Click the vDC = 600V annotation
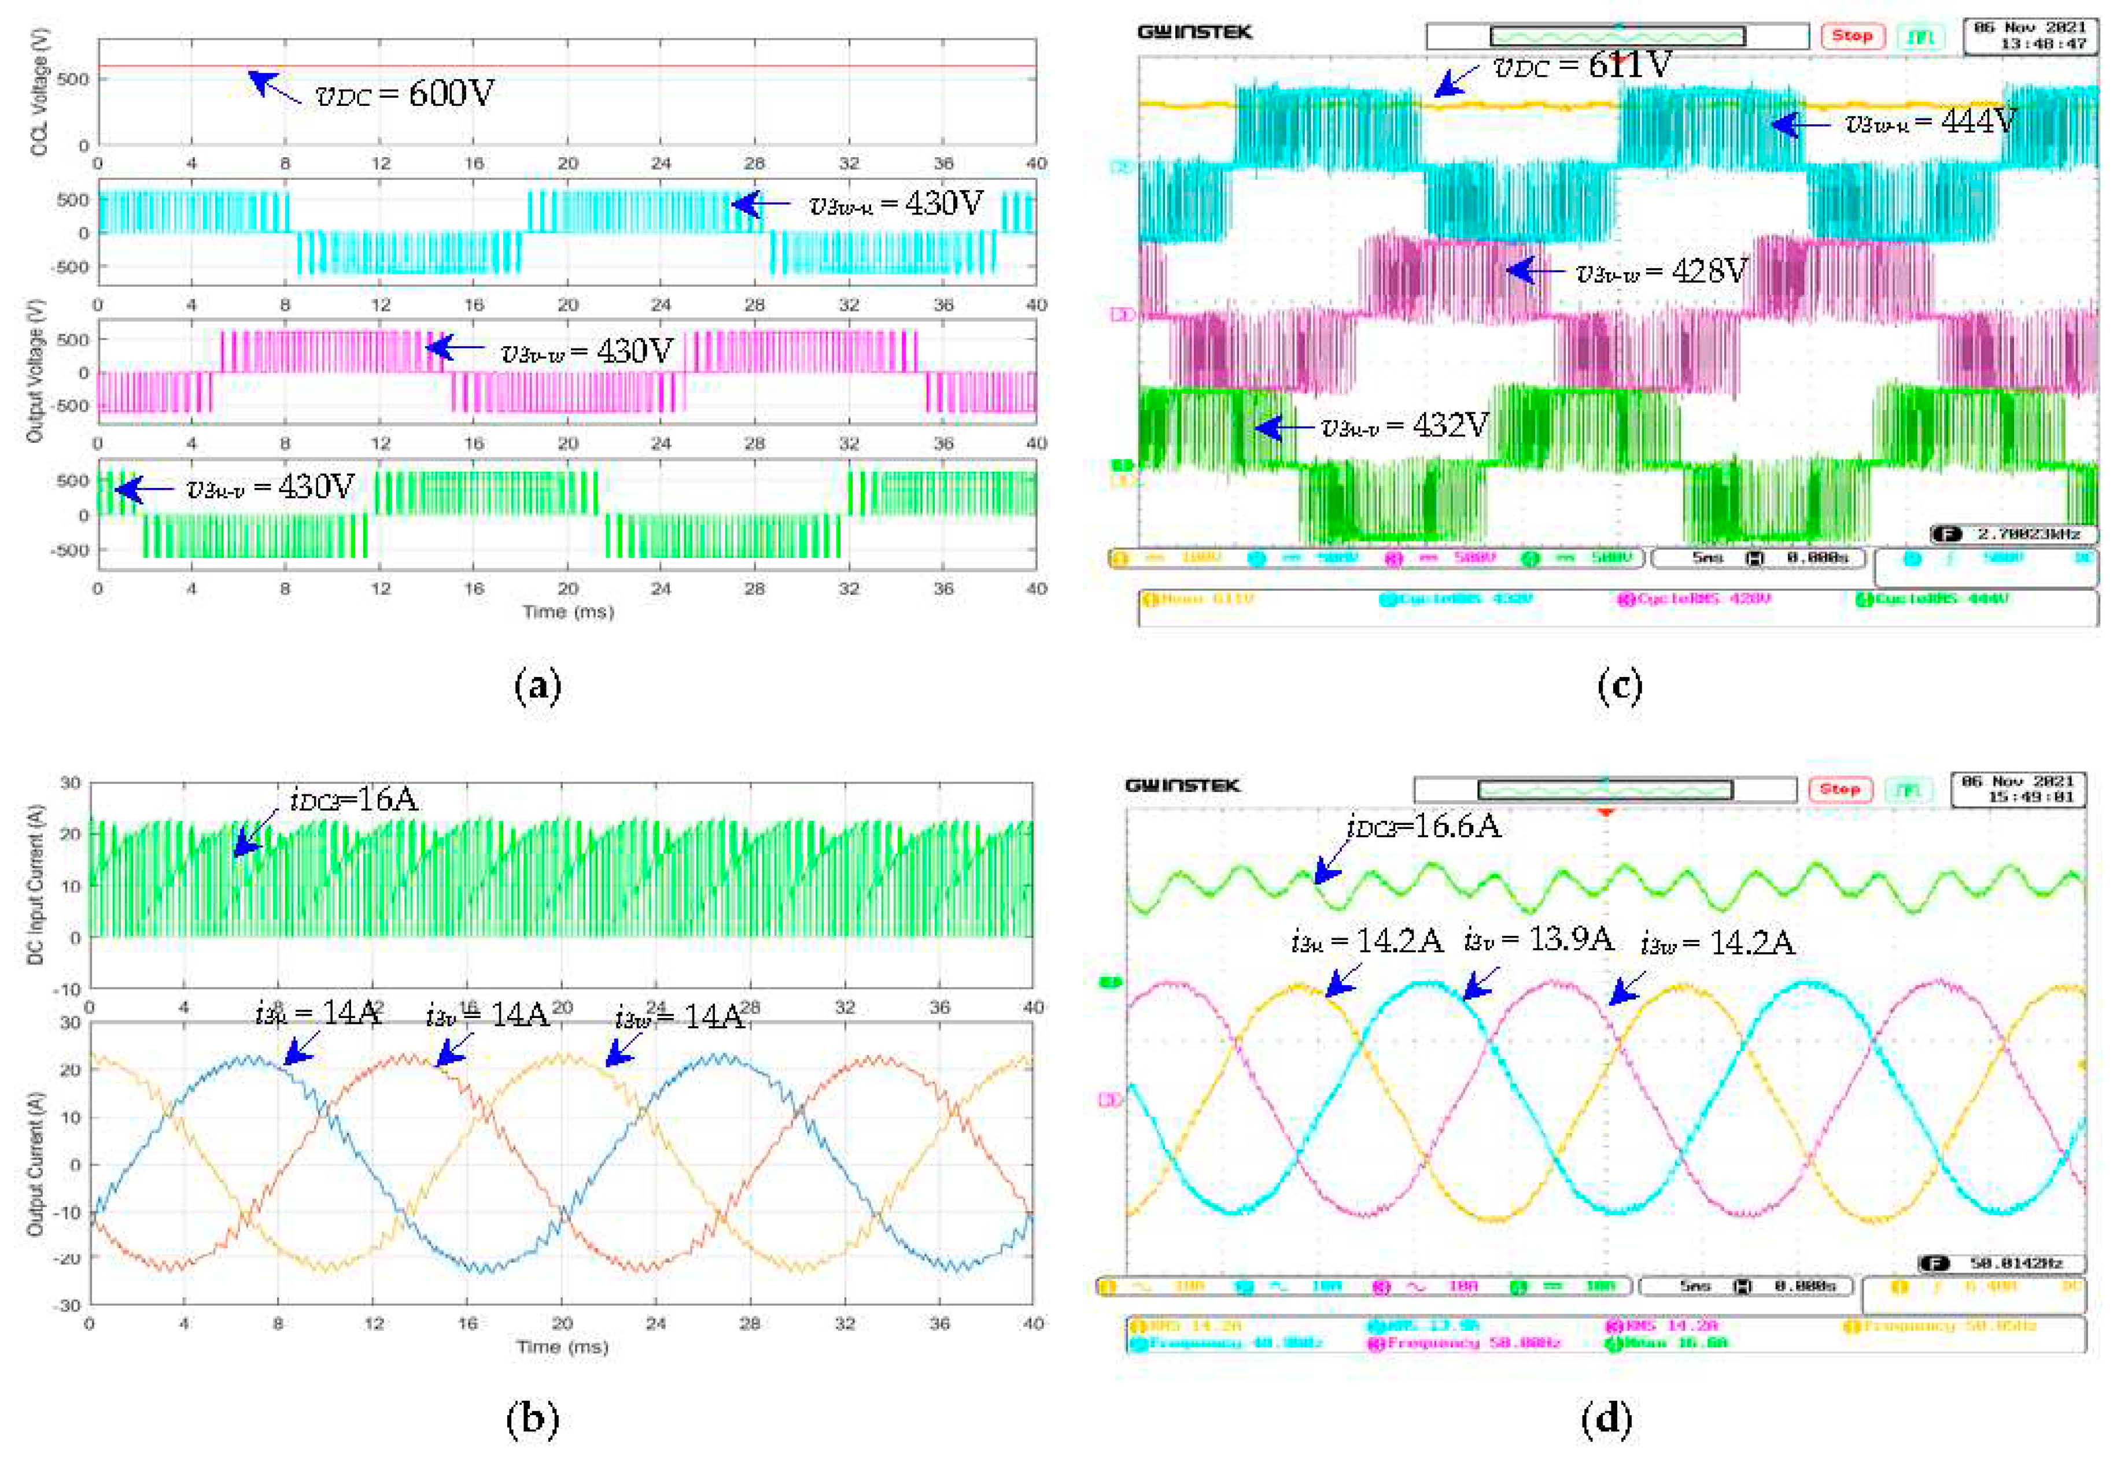coord(404,94)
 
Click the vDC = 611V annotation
coord(1583,66)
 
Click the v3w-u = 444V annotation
coord(1930,123)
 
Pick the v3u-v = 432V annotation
coord(1405,426)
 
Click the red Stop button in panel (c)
coord(1852,36)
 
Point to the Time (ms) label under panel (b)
coord(562,1346)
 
